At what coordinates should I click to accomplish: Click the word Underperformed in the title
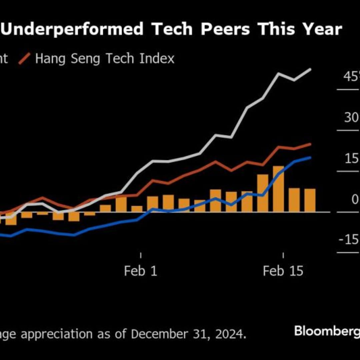tap(73, 29)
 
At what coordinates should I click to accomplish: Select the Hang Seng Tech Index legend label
tap(105, 59)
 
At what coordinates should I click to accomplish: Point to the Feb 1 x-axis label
tap(140, 271)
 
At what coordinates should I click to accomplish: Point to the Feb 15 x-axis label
tap(283, 271)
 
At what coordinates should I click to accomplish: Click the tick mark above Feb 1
tap(141, 255)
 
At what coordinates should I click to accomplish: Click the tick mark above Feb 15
tap(283, 255)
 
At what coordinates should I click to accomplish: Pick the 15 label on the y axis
tap(351, 159)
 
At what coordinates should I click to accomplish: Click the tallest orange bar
tap(278, 189)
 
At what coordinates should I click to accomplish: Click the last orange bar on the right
tap(310, 200)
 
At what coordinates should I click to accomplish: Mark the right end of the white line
tap(310, 70)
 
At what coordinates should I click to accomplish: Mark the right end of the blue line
tap(310, 157)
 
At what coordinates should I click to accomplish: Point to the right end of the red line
tap(310, 144)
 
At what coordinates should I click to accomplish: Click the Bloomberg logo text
tap(327, 331)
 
